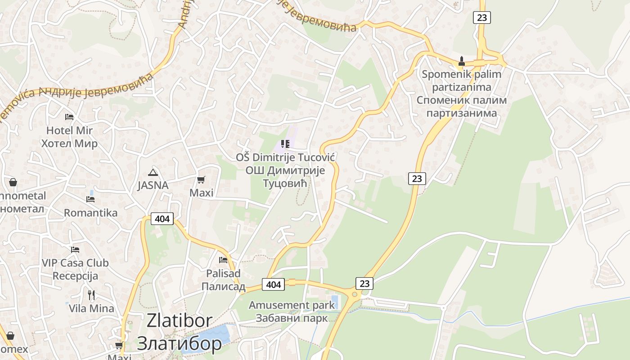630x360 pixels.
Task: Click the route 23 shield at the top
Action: (481, 18)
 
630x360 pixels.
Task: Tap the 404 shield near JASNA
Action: (162, 219)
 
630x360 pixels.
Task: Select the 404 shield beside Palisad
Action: (274, 284)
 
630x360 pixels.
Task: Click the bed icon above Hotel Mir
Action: (69, 117)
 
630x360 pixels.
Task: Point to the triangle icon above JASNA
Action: (153, 172)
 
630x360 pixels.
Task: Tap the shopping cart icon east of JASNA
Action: (201, 180)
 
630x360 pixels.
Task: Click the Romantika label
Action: (90, 213)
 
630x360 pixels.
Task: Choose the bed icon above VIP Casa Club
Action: (75, 249)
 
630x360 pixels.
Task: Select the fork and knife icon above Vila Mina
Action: (91, 295)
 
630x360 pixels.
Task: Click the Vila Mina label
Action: (91, 308)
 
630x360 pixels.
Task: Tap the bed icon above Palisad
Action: (223, 260)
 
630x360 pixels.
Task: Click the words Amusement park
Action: (292, 305)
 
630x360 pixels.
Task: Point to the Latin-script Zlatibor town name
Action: (179, 320)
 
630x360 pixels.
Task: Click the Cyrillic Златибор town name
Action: (179, 343)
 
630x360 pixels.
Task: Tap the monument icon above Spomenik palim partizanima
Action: (461, 61)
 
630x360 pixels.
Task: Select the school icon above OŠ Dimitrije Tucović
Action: (285, 144)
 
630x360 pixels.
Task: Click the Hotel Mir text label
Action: (69, 130)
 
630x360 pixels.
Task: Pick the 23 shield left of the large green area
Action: (417, 179)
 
